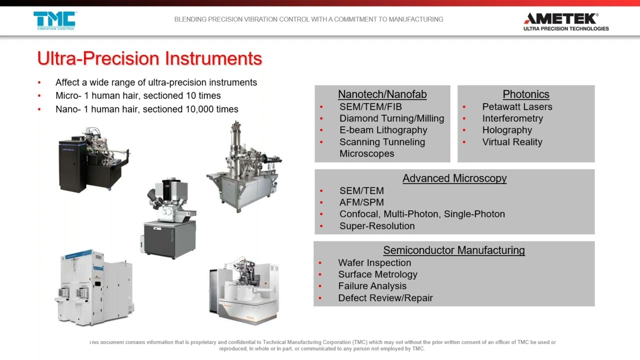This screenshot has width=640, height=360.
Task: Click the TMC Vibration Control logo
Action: [54, 20]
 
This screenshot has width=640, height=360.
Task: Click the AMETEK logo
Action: [565, 21]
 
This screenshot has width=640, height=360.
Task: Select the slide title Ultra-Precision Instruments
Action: [149, 58]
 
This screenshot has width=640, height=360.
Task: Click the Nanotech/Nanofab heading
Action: [382, 94]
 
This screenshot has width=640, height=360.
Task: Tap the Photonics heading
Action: [525, 94]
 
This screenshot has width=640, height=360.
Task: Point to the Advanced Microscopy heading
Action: [454, 178]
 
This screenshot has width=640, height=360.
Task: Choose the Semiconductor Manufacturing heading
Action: [453, 250]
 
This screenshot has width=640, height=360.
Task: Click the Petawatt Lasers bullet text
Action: [517, 107]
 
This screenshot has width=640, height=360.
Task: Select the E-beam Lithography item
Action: [383, 130]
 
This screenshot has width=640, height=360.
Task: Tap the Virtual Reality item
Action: [512, 142]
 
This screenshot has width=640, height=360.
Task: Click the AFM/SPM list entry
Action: [361, 202]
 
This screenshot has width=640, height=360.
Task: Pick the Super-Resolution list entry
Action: [376, 226]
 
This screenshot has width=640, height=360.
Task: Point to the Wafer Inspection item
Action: [374, 263]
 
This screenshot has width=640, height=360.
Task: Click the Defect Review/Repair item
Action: [385, 298]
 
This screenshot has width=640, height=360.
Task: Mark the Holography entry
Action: [506, 130]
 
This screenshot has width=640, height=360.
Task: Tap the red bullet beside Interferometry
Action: [464, 119]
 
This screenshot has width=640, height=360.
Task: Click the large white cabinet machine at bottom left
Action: [94, 288]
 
